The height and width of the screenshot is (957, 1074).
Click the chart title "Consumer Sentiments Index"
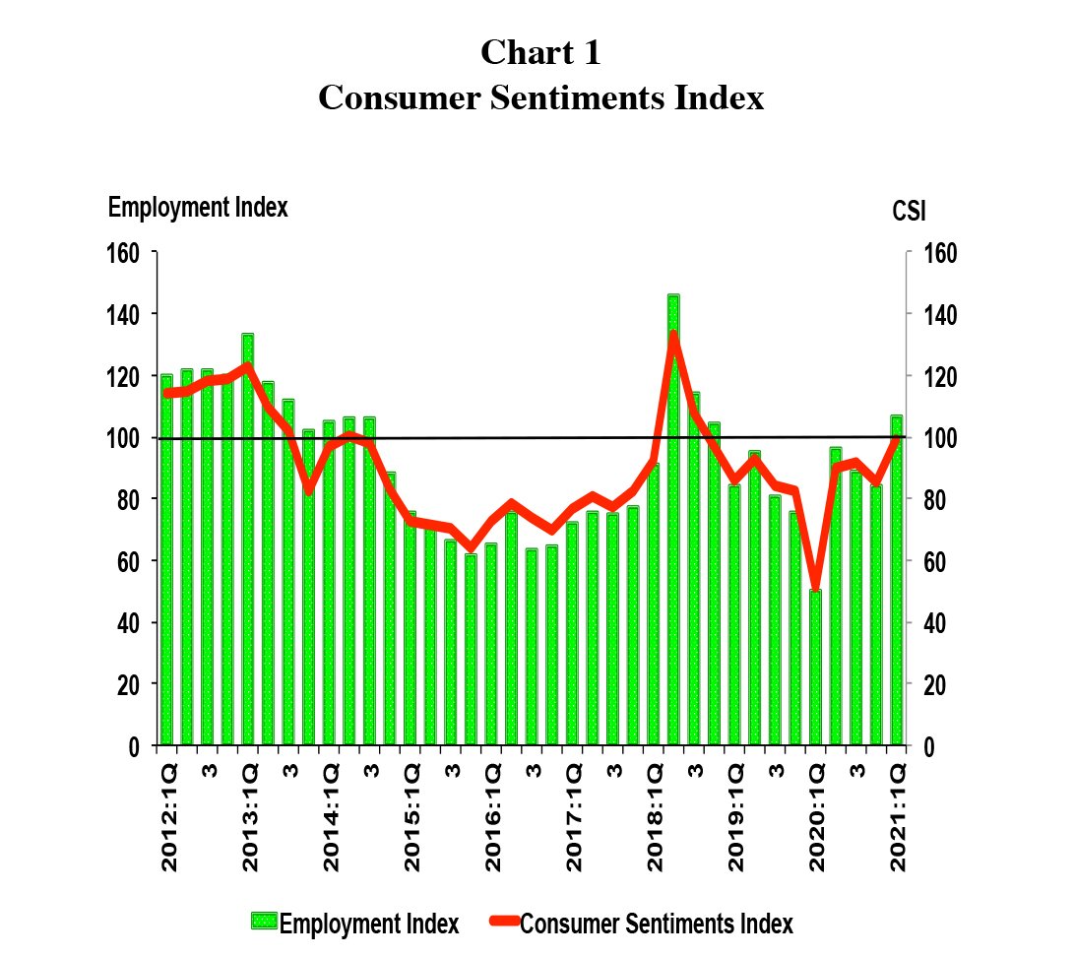[540, 98]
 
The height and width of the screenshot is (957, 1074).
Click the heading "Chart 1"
[540, 52]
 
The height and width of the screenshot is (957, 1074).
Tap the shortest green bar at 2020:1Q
[815, 670]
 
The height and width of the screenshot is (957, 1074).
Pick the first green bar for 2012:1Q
[166, 561]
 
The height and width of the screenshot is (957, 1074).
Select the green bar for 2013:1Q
[247, 542]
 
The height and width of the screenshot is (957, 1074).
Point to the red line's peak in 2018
[673, 336]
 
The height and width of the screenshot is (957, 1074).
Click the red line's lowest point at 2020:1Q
[815, 585]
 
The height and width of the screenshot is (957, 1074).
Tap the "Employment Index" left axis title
[197, 208]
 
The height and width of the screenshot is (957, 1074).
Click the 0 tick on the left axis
[138, 746]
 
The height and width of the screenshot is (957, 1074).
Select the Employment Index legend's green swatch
[264, 923]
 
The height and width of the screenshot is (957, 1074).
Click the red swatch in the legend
[502, 923]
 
